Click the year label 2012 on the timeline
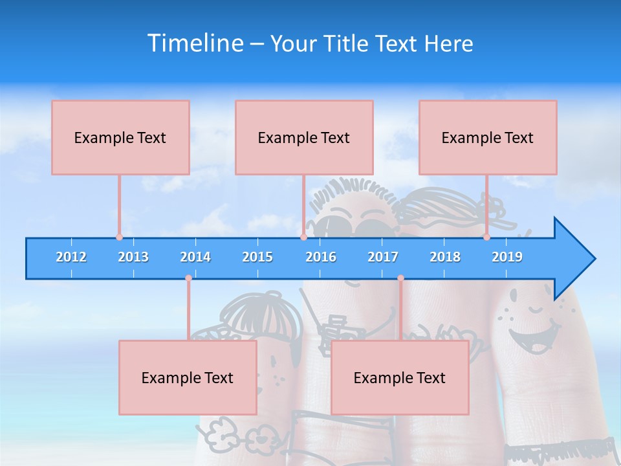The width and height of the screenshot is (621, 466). [x=71, y=257]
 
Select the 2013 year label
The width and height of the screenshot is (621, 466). [x=133, y=257]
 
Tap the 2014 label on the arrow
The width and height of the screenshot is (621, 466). [x=195, y=257]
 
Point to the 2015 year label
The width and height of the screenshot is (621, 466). [x=257, y=257]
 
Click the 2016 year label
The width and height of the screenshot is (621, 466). [x=321, y=257]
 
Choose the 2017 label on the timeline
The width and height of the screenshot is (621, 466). [x=383, y=257]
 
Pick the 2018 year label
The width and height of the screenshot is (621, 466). [x=445, y=257]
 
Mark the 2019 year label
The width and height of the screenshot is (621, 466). [x=507, y=257]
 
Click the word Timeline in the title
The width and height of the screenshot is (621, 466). [x=195, y=43]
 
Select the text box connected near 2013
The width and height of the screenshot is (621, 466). [x=120, y=138]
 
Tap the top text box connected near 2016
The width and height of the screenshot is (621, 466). [x=304, y=138]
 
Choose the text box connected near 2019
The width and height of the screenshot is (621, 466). [x=488, y=138]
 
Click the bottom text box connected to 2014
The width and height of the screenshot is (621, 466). [x=188, y=378]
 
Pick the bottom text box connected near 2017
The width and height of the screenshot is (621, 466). [x=400, y=378]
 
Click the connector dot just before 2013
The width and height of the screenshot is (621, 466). [x=119, y=237]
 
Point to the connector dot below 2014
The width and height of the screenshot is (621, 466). [x=188, y=278]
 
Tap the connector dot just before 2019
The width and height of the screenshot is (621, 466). [x=486, y=237]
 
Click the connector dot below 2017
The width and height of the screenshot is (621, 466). [x=400, y=278]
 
